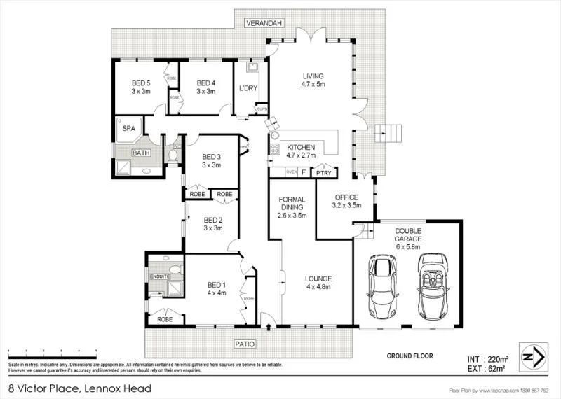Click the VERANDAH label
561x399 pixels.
264,24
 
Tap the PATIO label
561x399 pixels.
245,344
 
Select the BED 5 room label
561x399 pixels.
140,86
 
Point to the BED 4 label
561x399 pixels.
205,86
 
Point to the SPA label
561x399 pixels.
129,129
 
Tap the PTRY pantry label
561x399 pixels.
323,172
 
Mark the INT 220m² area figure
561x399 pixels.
487,358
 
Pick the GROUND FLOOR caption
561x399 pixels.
410,356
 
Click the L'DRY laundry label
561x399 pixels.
248,88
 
